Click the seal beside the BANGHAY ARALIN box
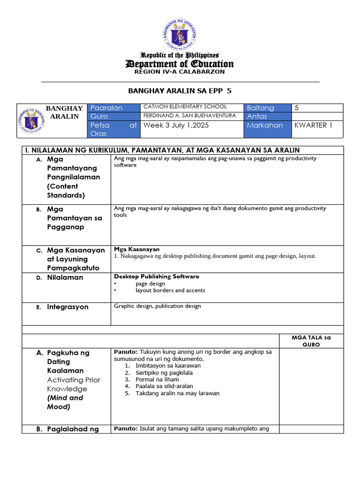32,121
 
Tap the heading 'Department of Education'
180,64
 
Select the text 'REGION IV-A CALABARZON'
180,72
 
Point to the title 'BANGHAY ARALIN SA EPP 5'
180,90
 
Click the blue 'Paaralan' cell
114,108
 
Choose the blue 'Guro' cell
114,116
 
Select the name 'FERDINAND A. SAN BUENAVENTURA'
189,115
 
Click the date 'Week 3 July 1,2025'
176,125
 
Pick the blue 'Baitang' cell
267,108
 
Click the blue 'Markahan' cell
267,125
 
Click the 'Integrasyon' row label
67,307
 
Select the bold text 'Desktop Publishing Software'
157,277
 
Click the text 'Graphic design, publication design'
157,306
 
